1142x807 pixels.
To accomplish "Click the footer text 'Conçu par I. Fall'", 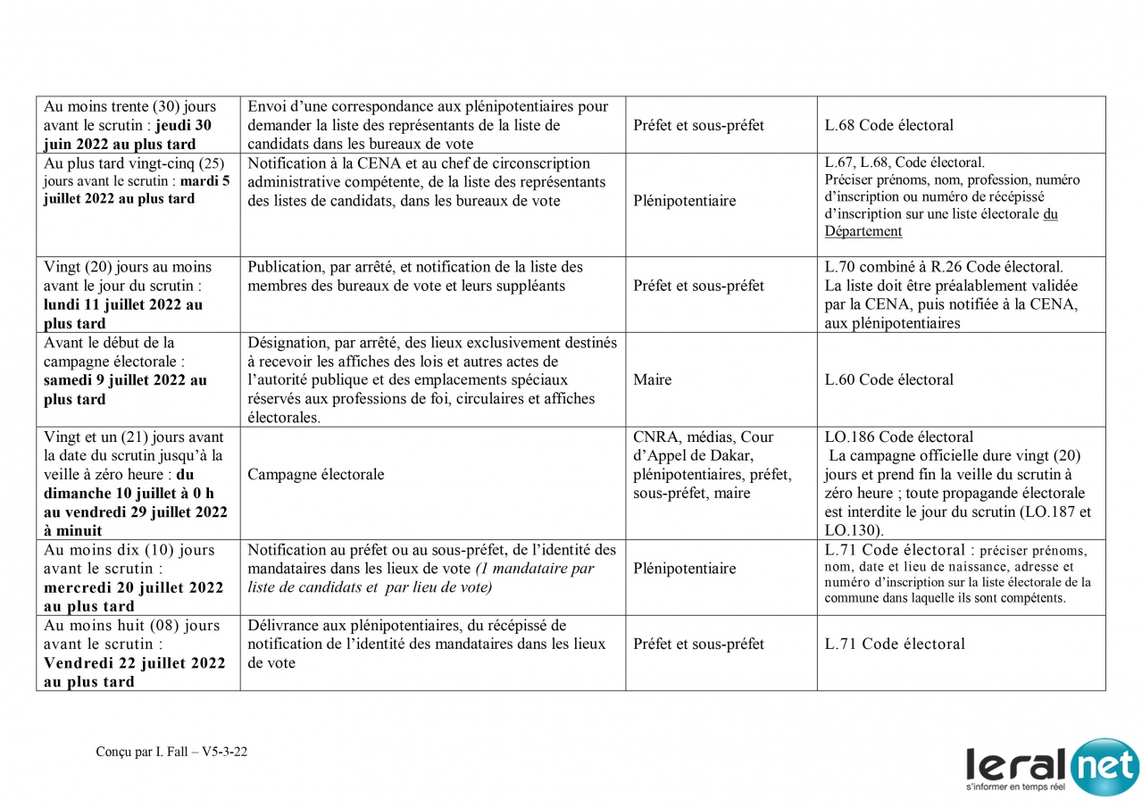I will point(142,752).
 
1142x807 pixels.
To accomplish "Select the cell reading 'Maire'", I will point(652,380).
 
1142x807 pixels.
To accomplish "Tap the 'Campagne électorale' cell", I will point(316,475).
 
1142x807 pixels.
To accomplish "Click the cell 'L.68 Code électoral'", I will point(888,126).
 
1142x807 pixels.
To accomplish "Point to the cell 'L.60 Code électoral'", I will point(888,380).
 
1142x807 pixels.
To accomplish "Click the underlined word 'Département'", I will point(863,232).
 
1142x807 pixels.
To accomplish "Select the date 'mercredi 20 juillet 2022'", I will point(134,588).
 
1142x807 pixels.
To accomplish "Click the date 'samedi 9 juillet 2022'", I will point(125,380).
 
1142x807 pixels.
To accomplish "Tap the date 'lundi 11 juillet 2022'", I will point(122,305).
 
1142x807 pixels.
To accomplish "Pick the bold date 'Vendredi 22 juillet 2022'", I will point(134,663).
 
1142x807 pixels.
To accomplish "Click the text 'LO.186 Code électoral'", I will point(898,437).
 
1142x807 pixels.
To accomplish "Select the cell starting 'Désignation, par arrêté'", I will point(432,380).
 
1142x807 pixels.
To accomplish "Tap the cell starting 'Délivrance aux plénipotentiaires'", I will point(426,645).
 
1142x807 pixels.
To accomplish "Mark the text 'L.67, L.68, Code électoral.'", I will point(904,163).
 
